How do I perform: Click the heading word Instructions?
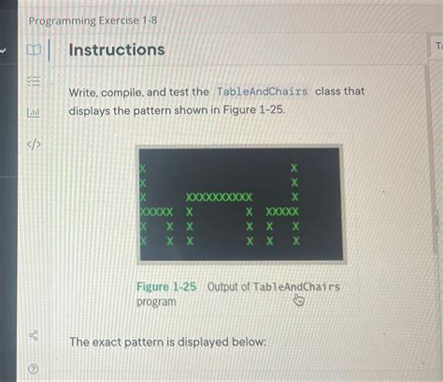[117, 50]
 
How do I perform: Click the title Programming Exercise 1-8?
[93, 21]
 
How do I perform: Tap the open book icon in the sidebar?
[34, 50]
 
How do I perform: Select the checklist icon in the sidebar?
[34, 81]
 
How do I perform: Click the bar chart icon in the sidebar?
[34, 112]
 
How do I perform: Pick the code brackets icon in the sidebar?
[34, 144]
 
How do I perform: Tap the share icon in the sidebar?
[34, 335]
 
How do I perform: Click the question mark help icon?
[34, 369]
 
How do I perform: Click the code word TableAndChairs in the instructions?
[263, 92]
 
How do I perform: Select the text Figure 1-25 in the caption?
[166, 287]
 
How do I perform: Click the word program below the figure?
[156, 302]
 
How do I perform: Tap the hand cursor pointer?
[298, 300]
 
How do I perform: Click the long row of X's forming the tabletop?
[219, 197]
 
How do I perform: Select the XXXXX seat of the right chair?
[282, 212]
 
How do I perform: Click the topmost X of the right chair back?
[294, 168]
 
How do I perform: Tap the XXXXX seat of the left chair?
[156, 212]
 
